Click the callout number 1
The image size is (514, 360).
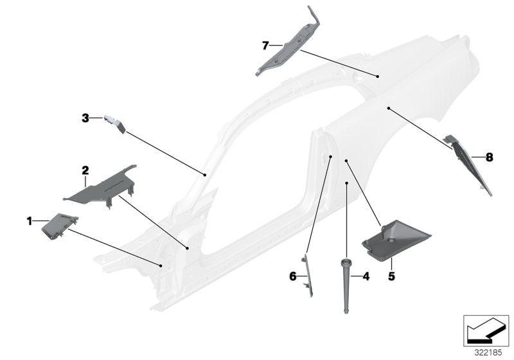tap(30, 221)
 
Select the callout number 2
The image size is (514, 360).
tap(84, 170)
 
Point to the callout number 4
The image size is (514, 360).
tap(366, 277)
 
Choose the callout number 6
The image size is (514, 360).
tap(292, 276)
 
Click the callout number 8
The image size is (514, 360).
tap(490, 156)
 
